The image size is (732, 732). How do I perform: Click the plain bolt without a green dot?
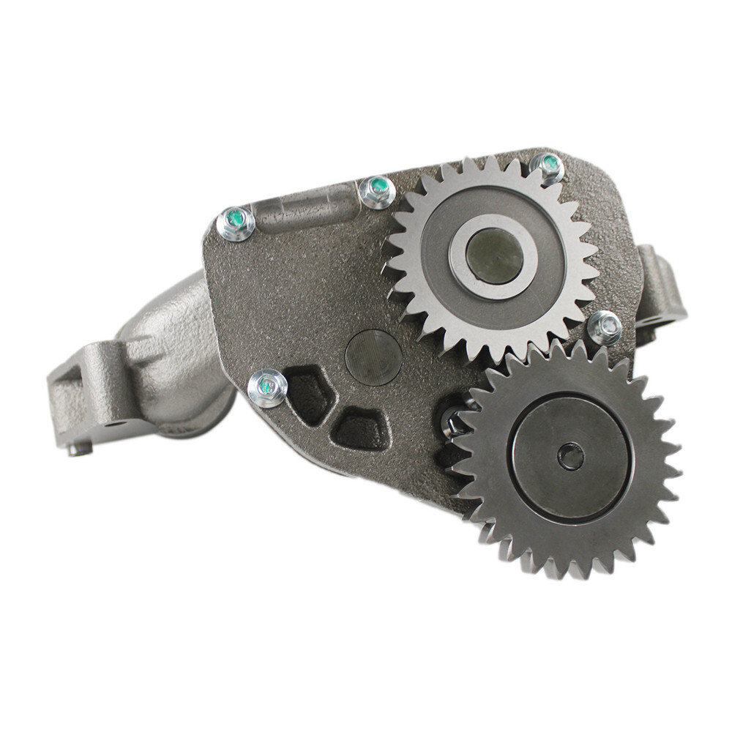(x=604, y=327)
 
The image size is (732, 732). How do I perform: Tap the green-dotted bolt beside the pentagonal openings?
(x=267, y=386)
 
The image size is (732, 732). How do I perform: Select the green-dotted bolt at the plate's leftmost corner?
(x=236, y=223)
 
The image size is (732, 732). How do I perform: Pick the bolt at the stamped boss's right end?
(x=377, y=192)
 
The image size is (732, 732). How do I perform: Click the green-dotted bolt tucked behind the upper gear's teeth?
(x=548, y=166)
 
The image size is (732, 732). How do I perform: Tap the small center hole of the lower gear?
(x=571, y=457)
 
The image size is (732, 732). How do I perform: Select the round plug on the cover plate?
(x=373, y=357)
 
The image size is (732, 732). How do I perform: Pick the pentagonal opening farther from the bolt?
(x=360, y=427)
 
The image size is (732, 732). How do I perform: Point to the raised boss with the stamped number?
(x=307, y=209)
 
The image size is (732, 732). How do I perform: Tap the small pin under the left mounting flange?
(x=80, y=448)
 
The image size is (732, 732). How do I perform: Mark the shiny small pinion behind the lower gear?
(x=454, y=425)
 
